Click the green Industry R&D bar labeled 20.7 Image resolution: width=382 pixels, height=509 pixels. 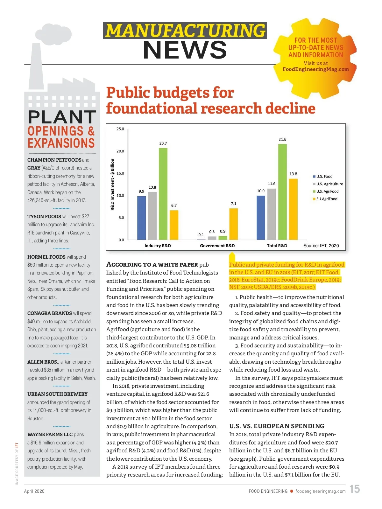(x=163, y=194)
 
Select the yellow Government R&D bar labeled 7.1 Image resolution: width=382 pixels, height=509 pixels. (x=233, y=224)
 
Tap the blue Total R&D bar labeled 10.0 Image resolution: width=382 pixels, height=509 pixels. (x=261, y=218)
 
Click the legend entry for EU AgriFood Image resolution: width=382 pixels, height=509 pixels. (x=325, y=199)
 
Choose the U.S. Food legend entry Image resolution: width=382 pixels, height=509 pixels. (x=323, y=176)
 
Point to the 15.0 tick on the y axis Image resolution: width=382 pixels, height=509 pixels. (x=120, y=173)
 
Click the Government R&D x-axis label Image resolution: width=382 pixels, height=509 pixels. (x=217, y=246)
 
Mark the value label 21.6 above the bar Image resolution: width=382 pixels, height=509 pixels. (x=282, y=139)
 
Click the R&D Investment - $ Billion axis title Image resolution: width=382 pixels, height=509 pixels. (x=112, y=185)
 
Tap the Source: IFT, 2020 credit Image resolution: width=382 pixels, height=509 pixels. (x=321, y=246)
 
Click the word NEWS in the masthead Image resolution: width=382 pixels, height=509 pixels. (x=185, y=50)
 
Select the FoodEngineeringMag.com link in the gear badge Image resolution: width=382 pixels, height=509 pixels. (x=315, y=69)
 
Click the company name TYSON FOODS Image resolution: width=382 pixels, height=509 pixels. (x=44, y=217)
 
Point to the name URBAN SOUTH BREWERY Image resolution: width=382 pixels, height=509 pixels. (x=57, y=394)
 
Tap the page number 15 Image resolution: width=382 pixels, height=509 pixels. (x=355, y=489)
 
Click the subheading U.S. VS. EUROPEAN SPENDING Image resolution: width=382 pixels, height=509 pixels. (x=277, y=426)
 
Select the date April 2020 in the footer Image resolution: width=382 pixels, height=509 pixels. (x=34, y=491)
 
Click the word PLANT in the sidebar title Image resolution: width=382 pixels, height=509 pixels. (x=62, y=117)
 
